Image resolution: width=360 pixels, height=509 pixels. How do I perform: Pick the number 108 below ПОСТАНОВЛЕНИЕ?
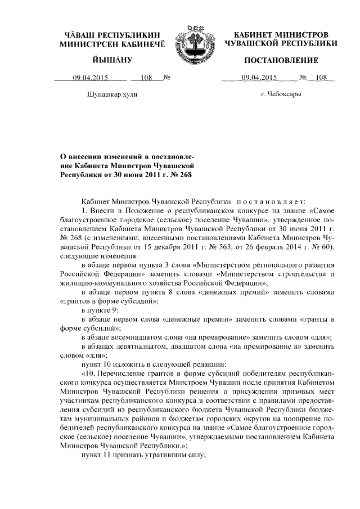coord(321,78)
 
